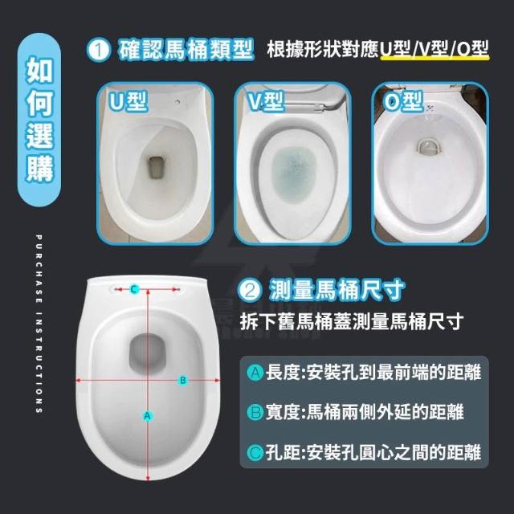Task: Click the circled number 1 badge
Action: point(99,50)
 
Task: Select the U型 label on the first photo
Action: point(128,102)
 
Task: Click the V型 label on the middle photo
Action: point(266,102)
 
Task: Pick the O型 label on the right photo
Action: point(403,102)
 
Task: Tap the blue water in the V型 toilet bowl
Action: point(292,174)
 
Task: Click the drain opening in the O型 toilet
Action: point(429,146)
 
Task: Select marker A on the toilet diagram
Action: point(148,416)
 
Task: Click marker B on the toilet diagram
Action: point(183,380)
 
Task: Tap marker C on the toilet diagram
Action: point(134,289)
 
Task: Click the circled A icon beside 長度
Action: point(255,373)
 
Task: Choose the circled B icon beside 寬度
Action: point(255,412)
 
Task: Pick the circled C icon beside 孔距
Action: point(255,452)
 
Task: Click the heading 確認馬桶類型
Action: point(186,50)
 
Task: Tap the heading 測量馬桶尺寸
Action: point(337,291)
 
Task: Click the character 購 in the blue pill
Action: point(39,169)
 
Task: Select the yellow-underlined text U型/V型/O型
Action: point(434,49)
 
